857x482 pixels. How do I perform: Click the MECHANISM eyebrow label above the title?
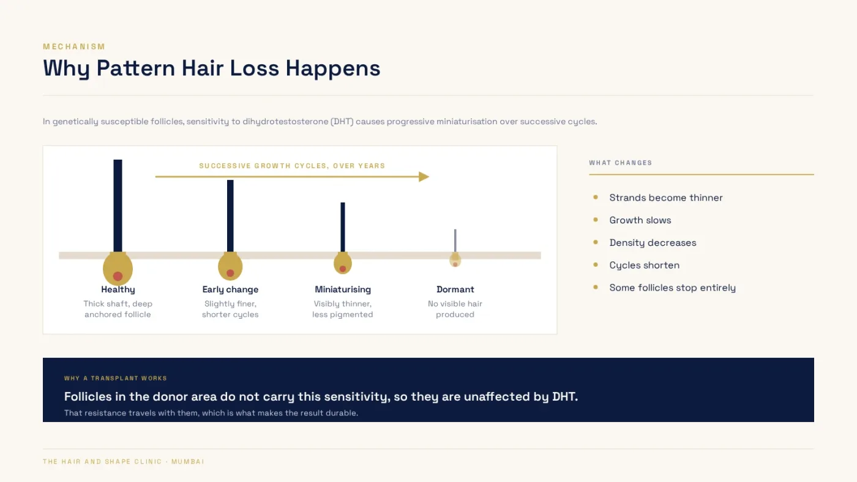pos(74,46)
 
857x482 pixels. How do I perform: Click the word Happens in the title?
pos(333,69)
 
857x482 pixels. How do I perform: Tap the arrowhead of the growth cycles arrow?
pos(424,177)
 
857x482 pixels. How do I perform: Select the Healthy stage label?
pos(118,290)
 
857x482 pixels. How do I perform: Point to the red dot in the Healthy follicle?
pos(118,276)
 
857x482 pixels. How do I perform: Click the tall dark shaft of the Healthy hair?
pos(118,206)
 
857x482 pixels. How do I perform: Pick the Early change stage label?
pos(230,290)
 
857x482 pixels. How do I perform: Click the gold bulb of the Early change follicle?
pos(230,267)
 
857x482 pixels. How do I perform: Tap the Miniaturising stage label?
pos(343,290)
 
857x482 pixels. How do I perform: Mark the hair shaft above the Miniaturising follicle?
pos(343,227)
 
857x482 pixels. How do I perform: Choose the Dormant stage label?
pos(455,290)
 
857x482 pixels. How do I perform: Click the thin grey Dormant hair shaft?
pos(455,241)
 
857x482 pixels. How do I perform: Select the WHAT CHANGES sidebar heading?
pos(621,163)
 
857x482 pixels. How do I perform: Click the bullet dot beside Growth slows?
pos(596,220)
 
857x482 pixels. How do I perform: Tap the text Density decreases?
pos(653,243)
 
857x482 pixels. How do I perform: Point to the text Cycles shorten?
pos(644,265)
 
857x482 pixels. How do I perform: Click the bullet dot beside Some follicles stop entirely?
pos(596,287)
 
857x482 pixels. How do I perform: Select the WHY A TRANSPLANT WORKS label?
pos(116,379)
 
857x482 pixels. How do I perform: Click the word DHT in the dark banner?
pos(564,397)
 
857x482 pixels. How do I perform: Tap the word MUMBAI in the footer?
pos(188,462)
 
